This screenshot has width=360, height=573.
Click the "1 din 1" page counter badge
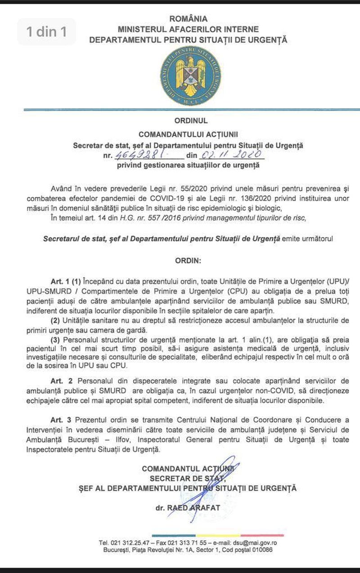pos(46,31)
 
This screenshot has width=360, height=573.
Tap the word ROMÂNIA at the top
pos(188,19)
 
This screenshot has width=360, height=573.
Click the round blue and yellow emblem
pos(190,76)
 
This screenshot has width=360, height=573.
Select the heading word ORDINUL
pos(188,121)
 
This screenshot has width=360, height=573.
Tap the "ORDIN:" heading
pos(188,260)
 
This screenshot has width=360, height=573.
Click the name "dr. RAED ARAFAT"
pos(188,508)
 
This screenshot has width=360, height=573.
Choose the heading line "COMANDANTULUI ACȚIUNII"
pos(188,134)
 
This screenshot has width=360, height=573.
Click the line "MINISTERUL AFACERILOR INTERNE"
pos(188,29)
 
